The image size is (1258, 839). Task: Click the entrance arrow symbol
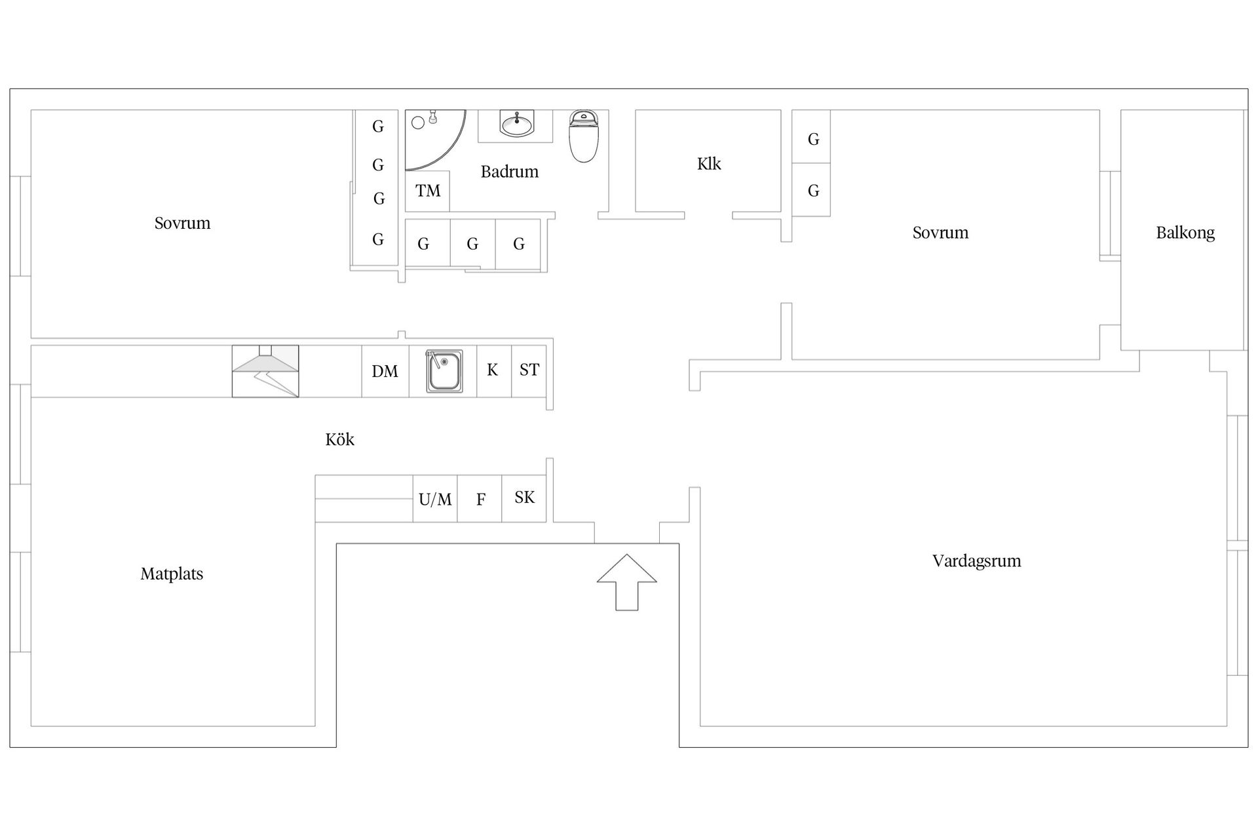(626, 582)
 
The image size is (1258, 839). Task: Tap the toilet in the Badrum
(583, 136)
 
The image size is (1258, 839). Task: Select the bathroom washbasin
(517, 124)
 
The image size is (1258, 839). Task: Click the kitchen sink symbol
(444, 371)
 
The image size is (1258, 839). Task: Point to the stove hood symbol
(265, 371)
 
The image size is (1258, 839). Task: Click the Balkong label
(1185, 233)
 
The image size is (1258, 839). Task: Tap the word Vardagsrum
(976, 561)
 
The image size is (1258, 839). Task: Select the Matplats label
(172, 574)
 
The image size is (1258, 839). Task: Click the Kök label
(339, 439)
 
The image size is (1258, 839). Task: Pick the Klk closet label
(709, 164)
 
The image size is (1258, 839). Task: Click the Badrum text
(509, 172)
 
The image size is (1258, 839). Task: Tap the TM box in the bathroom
(427, 191)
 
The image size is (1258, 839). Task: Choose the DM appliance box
(385, 371)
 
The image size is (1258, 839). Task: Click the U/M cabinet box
(435, 499)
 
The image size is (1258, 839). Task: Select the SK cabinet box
(524, 499)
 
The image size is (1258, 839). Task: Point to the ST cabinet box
(529, 371)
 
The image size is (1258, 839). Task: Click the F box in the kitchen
(480, 499)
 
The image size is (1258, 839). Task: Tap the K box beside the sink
(494, 371)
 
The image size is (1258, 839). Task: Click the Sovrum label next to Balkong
(940, 233)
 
